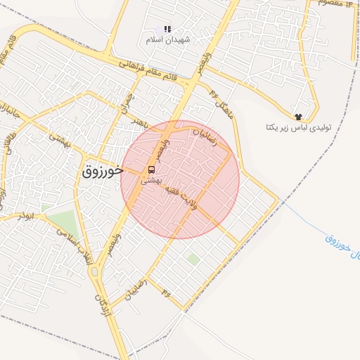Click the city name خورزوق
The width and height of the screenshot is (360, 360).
(x=102, y=170)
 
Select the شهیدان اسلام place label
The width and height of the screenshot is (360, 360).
(x=164, y=40)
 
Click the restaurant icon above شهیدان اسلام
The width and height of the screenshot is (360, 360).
(x=167, y=29)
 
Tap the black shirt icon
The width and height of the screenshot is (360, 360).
(x=298, y=117)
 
